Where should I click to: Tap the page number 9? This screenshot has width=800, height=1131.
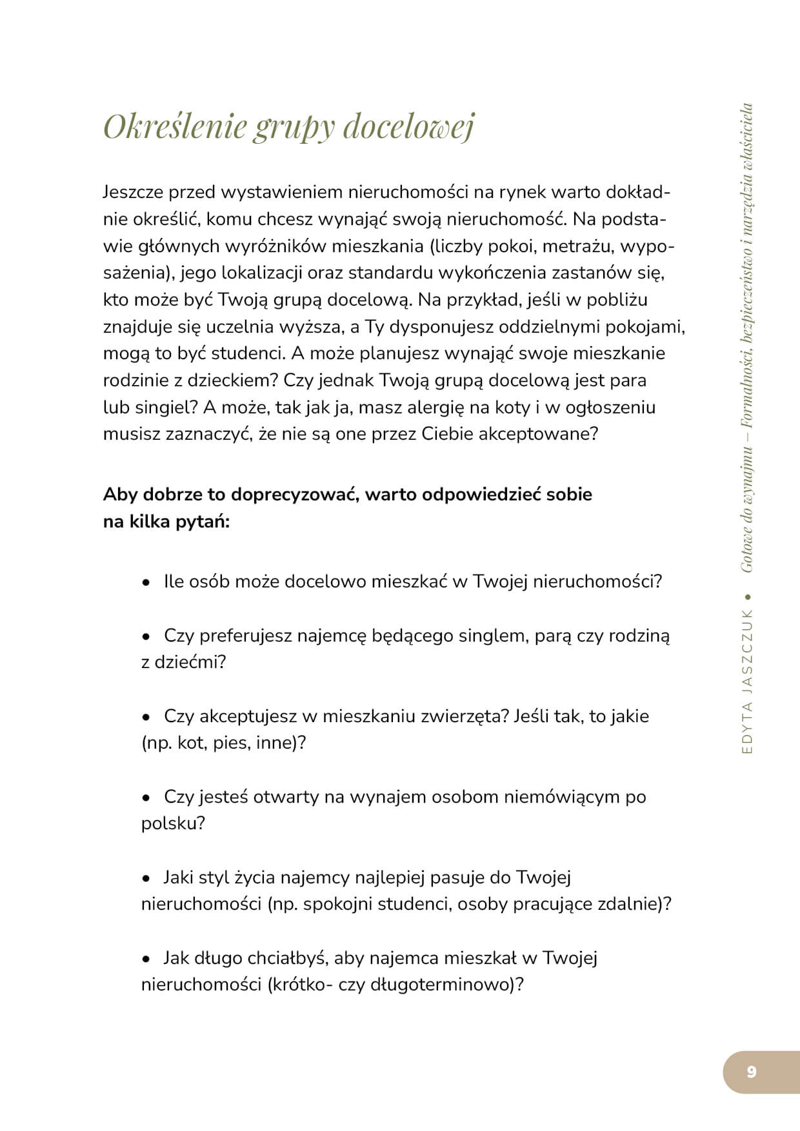click(751, 1072)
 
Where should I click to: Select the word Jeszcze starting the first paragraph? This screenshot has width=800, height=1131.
click(134, 192)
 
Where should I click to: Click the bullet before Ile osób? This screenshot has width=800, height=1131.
click(146, 583)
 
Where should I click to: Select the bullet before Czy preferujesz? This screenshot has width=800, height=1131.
click(146, 637)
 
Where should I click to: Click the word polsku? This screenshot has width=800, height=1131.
click(173, 823)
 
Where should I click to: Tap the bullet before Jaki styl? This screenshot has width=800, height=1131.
click(146, 879)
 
